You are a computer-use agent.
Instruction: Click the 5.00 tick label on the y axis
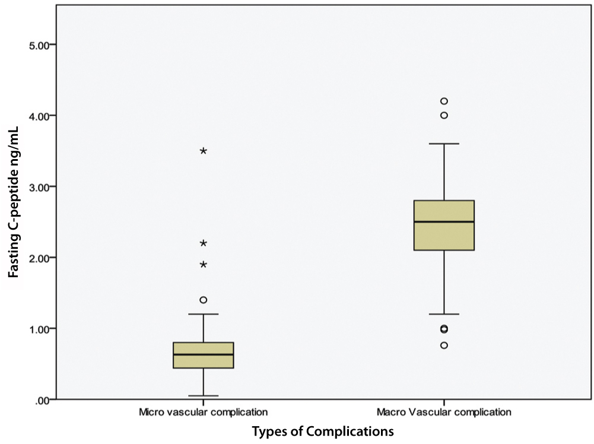pyautogui.click(x=42, y=45)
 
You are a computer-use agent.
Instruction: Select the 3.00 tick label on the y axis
pyautogui.click(x=42, y=186)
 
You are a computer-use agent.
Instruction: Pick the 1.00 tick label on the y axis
pyautogui.click(x=42, y=328)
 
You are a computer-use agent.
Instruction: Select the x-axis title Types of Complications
pyautogui.click(x=323, y=430)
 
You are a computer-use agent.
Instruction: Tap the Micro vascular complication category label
pyautogui.click(x=203, y=411)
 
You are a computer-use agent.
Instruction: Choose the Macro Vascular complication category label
pyautogui.click(x=444, y=411)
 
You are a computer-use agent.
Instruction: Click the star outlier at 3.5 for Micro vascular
pyautogui.click(x=204, y=151)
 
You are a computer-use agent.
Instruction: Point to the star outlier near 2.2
pyautogui.click(x=204, y=243)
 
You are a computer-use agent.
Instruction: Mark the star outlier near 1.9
pyautogui.click(x=204, y=265)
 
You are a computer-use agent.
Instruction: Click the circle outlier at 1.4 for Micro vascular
pyautogui.click(x=204, y=300)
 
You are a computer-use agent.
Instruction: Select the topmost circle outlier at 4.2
pyautogui.click(x=444, y=101)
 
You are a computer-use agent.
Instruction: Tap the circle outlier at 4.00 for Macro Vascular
pyautogui.click(x=444, y=115)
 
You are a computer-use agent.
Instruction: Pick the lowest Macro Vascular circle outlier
pyautogui.click(x=444, y=345)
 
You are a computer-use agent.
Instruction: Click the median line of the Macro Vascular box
pyautogui.click(x=444, y=221)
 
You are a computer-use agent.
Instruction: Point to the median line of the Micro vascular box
pyautogui.click(x=204, y=354)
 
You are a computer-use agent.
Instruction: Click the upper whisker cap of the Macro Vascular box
pyautogui.click(x=444, y=144)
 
